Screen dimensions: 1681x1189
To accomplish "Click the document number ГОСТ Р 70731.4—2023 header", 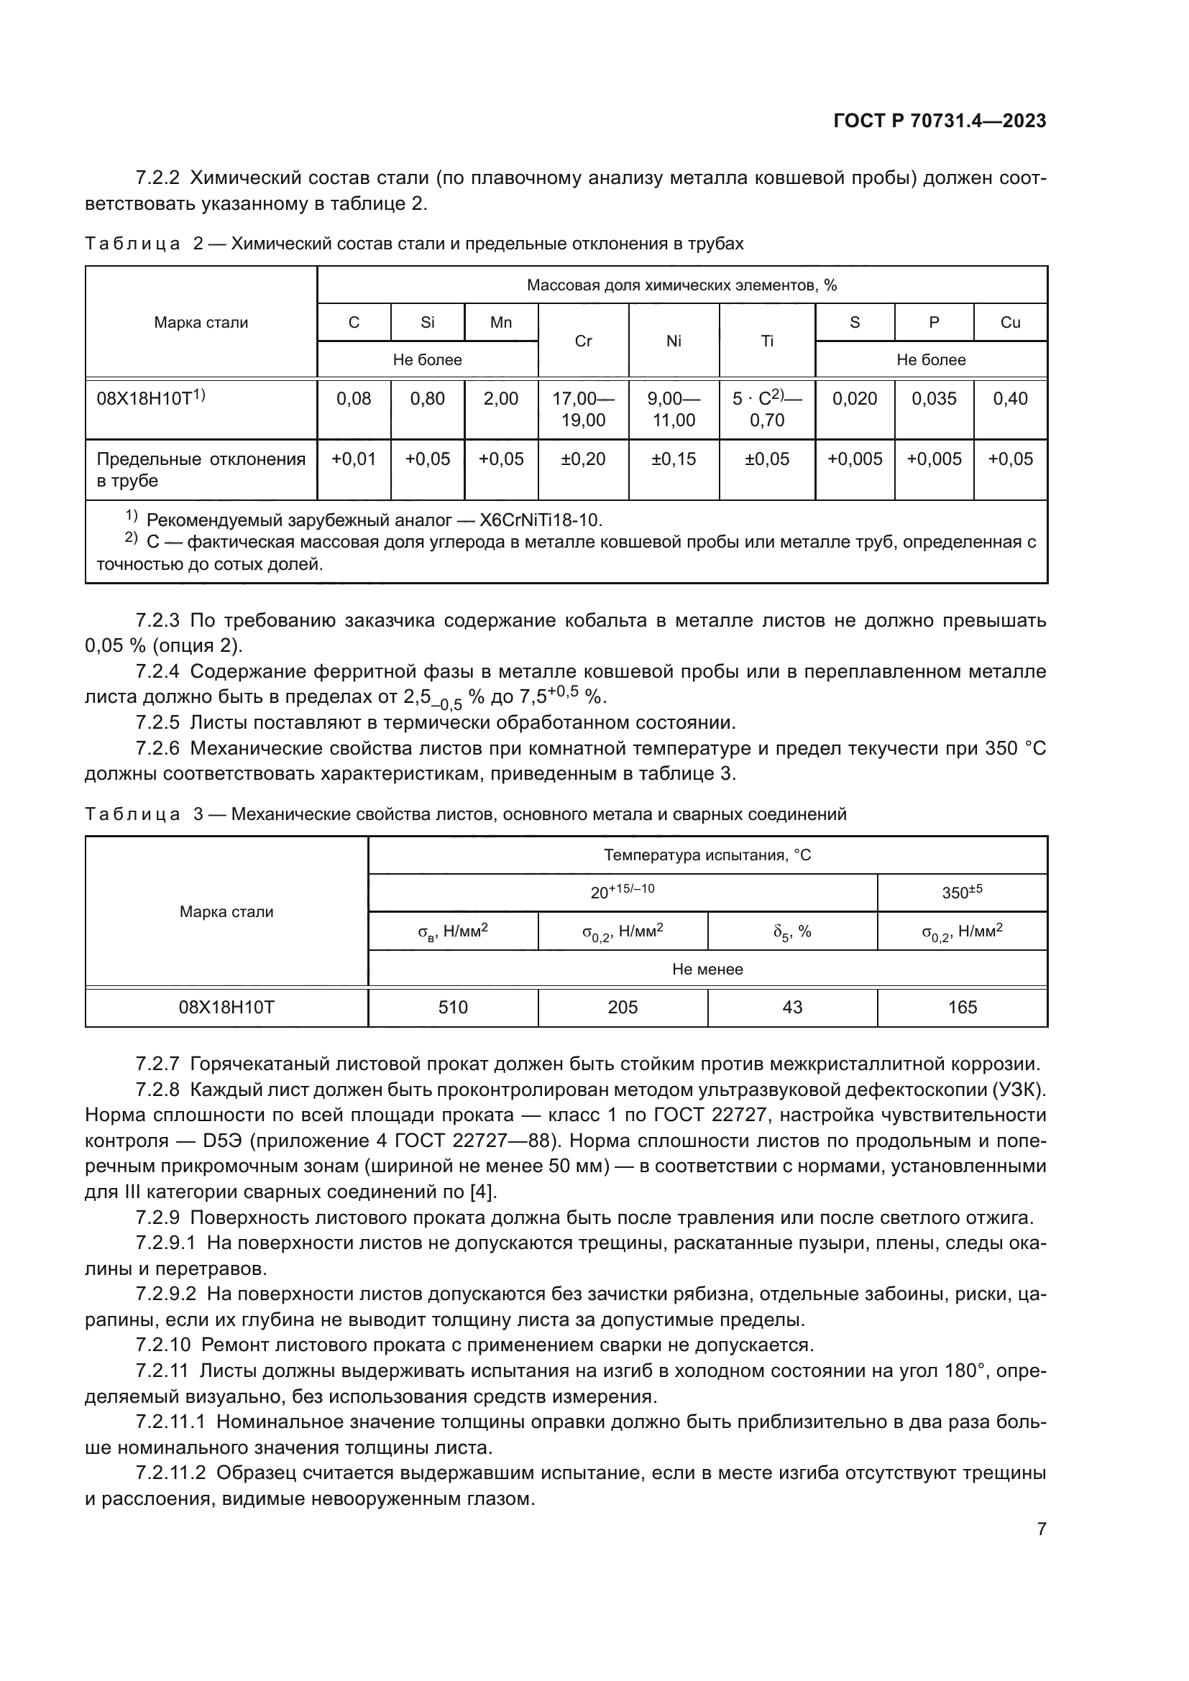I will click(940, 121).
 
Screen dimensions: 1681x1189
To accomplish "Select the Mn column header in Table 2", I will click(501, 322).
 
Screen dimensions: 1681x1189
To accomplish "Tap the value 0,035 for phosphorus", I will click(934, 398).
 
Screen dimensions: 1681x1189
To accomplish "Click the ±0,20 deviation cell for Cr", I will click(583, 459).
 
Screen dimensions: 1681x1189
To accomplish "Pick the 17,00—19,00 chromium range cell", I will click(583, 409).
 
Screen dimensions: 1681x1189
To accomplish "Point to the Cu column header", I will click(1009, 322).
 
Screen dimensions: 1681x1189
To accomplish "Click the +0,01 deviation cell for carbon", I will click(354, 459).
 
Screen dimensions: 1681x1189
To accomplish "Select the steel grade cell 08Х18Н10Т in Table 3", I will click(226, 1008).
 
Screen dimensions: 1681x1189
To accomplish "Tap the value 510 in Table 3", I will click(452, 1008).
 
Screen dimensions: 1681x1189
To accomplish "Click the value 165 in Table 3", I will click(962, 1008).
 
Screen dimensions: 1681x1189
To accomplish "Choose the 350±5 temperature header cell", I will click(962, 893).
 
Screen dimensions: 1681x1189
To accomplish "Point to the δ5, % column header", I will click(792, 932).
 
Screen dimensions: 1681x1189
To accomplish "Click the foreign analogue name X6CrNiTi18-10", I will click(541, 520).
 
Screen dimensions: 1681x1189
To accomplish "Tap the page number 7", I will click(1041, 1529).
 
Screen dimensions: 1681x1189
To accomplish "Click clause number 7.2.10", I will click(162, 1345).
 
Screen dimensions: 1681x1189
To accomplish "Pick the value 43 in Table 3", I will click(792, 1008).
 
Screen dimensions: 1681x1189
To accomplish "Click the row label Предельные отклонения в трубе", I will click(201, 469).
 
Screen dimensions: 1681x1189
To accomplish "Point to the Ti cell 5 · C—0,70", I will click(766, 409).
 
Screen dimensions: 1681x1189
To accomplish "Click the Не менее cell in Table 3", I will click(707, 970).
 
